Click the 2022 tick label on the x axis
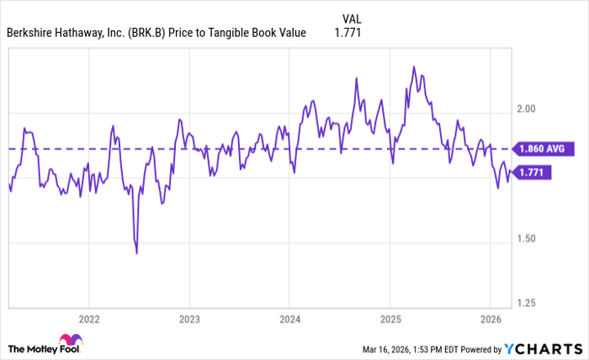click(x=88, y=319)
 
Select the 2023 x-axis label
click(x=189, y=319)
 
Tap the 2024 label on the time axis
click(x=289, y=319)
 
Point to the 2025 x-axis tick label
click(x=389, y=319)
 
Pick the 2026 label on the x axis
click(x=490, y=319)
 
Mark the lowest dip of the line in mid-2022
click(x=136, y=252)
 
